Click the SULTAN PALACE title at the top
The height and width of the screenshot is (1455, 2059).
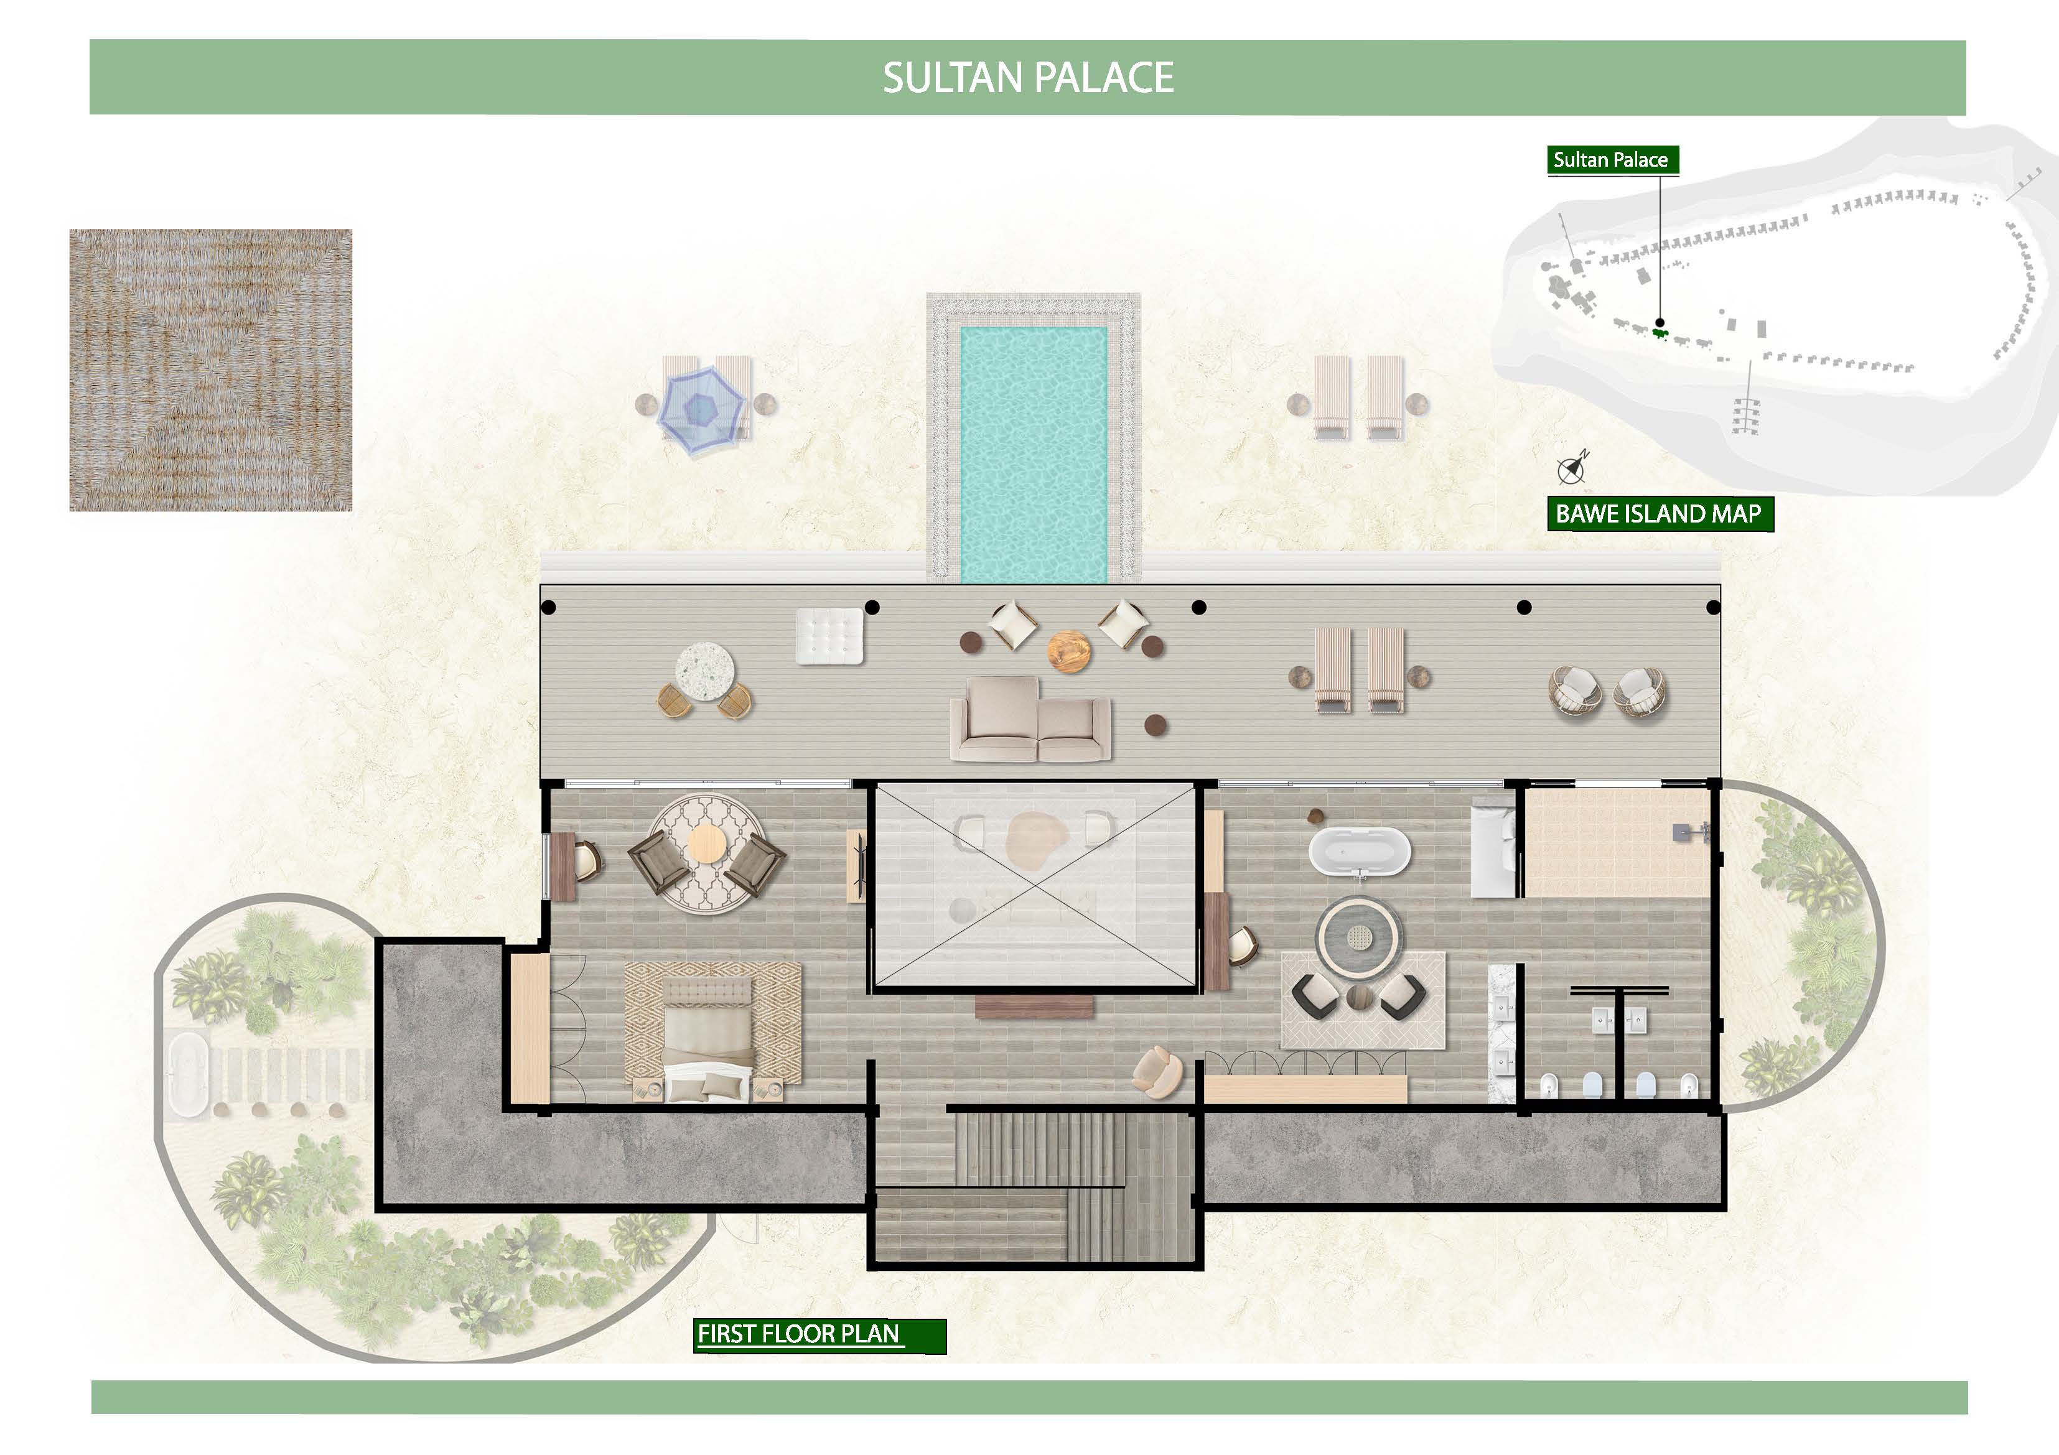1028,78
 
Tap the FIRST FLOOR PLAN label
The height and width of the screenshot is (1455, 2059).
798,1334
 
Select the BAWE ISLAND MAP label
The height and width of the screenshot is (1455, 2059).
1658,514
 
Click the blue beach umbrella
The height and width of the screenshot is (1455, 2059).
701,410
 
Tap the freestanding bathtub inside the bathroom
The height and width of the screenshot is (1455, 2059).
1360,850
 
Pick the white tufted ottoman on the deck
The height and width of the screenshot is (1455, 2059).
829,636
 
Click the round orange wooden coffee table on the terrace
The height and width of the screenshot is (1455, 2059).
1069,651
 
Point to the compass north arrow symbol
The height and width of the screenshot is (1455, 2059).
1572,467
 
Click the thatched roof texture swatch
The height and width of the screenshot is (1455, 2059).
211,370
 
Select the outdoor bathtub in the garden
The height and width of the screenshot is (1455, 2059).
187,1074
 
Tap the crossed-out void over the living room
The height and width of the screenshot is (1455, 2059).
1036,886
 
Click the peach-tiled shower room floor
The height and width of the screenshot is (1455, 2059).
1616,843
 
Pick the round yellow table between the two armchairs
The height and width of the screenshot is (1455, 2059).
707,844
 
